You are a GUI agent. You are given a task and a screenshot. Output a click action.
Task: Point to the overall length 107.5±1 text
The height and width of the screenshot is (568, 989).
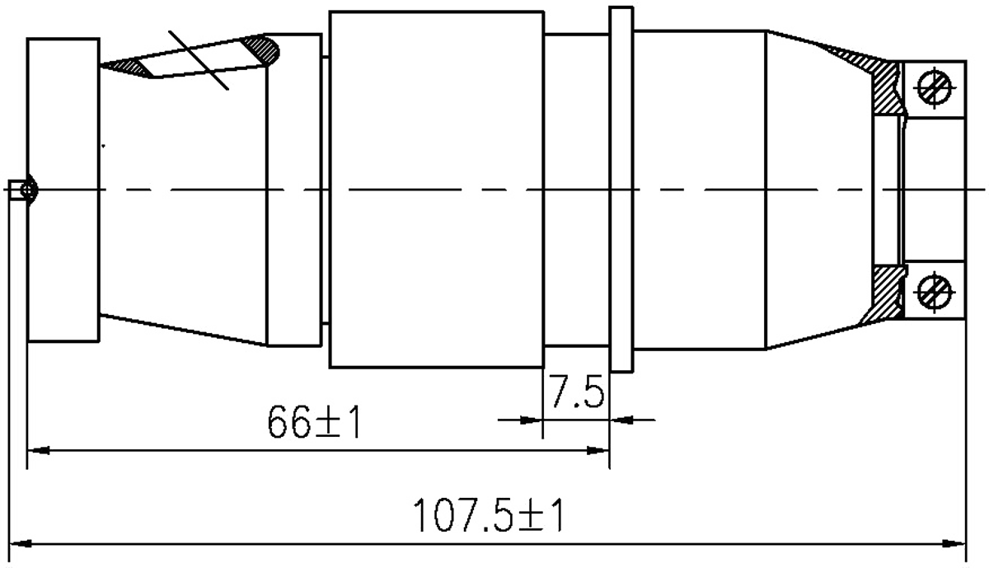[491, 514]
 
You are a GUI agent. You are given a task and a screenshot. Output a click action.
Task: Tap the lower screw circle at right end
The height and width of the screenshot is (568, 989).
[935, 290]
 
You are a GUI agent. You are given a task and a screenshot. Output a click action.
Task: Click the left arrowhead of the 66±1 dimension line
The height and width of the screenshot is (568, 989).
[38, 448]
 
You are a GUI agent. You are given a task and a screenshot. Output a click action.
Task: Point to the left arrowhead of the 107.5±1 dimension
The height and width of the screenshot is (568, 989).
[25, 543]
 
